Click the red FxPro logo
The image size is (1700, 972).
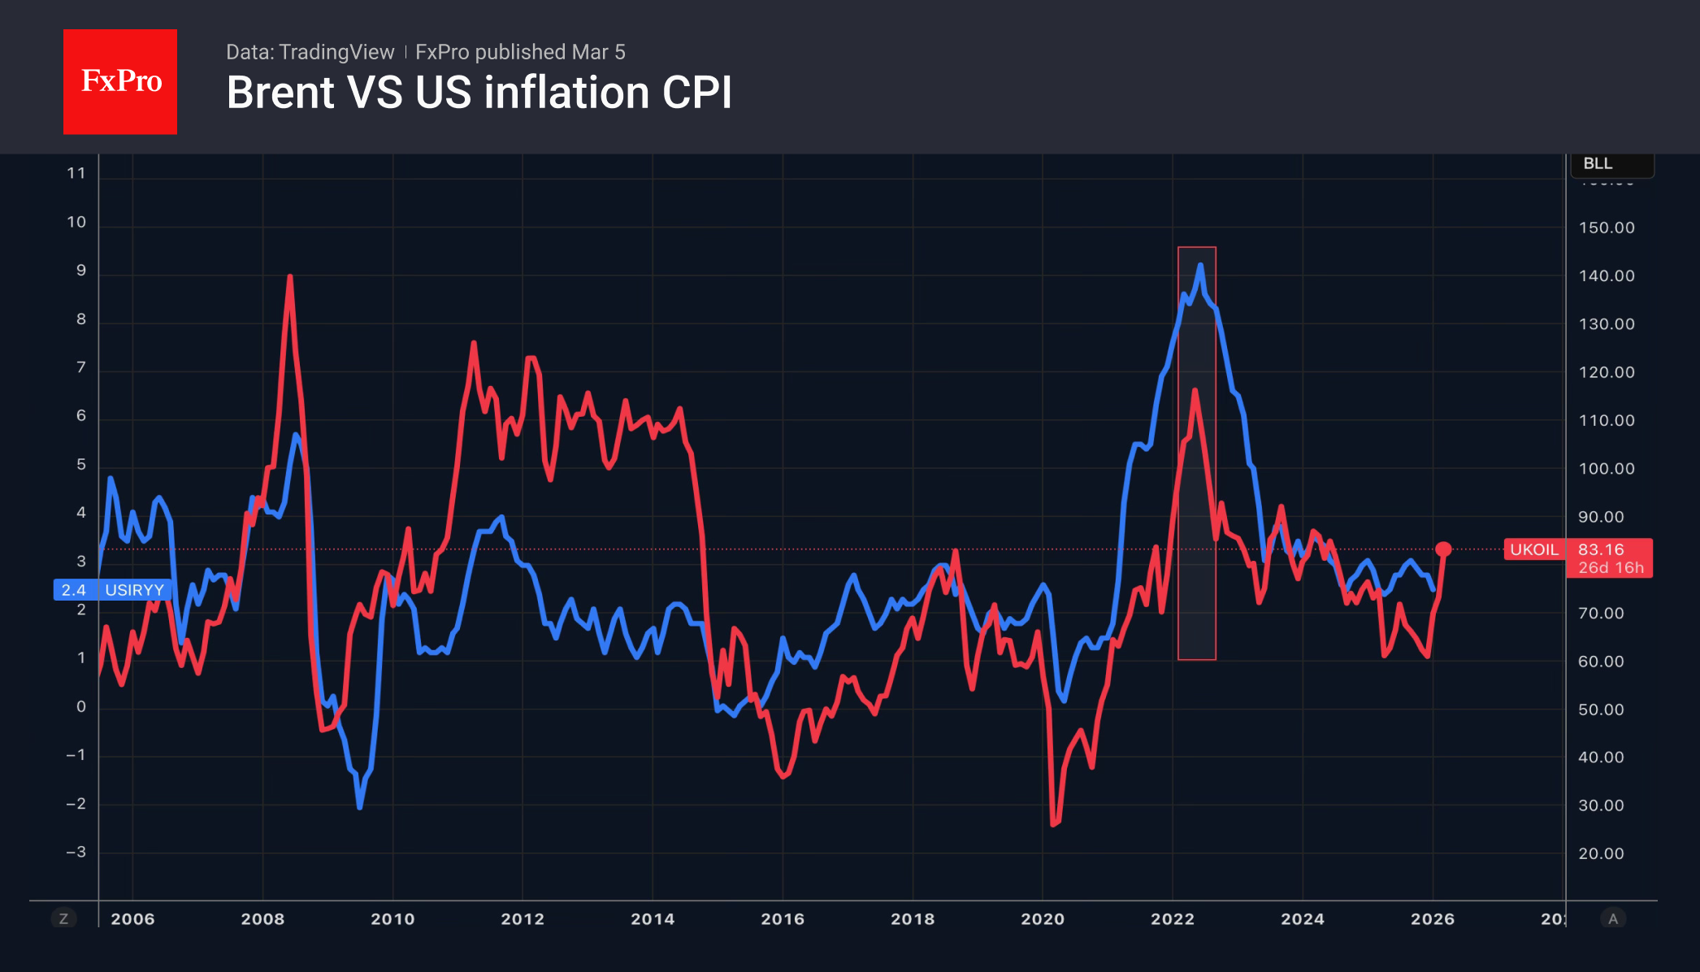120,81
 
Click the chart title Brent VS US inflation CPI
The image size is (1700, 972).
479,93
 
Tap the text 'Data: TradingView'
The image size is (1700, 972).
310,52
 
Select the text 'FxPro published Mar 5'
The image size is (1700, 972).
520,52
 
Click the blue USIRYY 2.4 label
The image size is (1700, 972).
112,590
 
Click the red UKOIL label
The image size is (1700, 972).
1533,549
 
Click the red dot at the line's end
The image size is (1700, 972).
1443,549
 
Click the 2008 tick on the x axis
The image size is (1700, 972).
262,919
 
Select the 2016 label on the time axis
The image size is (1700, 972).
783,919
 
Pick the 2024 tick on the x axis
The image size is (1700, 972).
1303,919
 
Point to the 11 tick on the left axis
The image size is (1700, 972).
76,173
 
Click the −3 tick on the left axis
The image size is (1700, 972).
76,853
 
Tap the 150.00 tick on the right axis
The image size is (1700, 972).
1607,228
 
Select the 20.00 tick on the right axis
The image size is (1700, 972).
1601,854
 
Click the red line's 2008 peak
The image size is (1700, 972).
290,277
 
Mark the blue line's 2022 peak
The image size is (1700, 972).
1200,265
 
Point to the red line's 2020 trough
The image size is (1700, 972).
1053,824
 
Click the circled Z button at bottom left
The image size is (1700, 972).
63,919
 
